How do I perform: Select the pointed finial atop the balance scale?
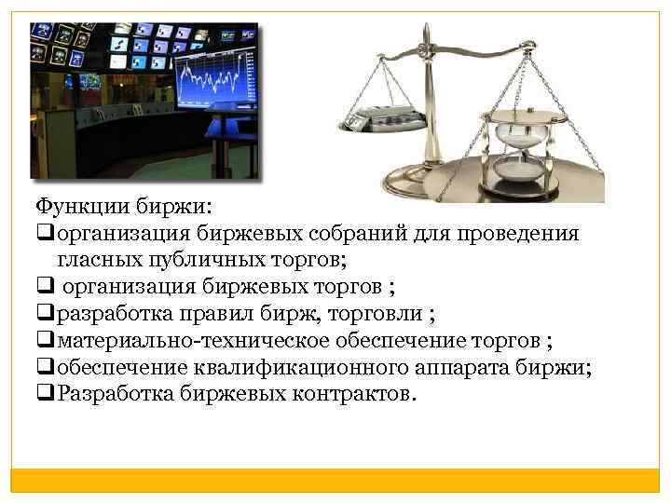coord(426,32)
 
